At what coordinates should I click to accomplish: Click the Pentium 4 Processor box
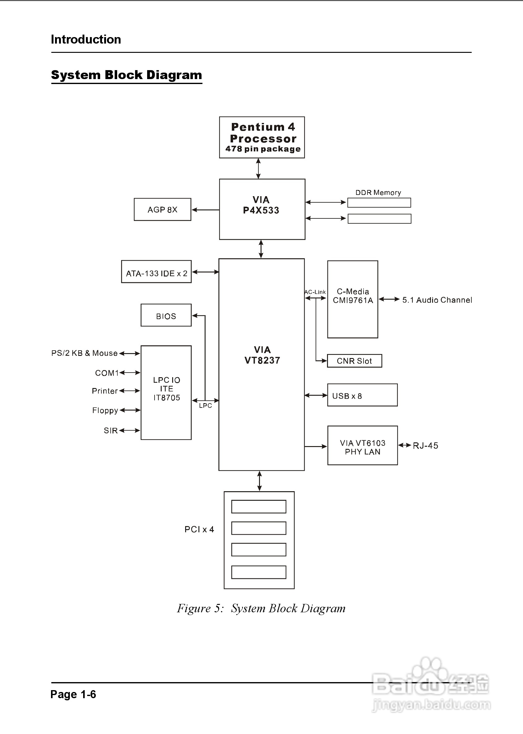262,137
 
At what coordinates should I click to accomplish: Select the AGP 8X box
162,209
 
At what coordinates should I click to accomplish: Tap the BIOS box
166,315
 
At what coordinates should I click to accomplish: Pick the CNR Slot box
354,361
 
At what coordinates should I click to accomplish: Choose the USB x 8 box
362,395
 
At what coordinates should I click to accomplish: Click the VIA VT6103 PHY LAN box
362,446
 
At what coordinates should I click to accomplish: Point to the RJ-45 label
425,446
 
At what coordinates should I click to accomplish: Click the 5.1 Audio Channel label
437,300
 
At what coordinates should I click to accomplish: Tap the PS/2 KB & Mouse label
84,353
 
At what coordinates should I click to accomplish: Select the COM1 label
107,373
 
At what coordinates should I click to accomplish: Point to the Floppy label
105,410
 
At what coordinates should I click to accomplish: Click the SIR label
110,431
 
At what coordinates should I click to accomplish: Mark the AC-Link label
315,292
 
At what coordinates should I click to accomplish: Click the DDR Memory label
378,192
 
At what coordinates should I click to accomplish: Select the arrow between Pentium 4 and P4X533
258,169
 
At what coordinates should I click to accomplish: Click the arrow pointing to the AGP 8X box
205,210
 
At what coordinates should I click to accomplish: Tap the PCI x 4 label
199,529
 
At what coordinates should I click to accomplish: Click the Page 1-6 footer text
73,694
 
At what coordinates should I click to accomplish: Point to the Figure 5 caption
261,608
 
